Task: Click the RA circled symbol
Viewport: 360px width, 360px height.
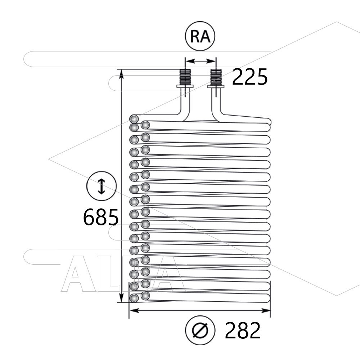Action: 200,36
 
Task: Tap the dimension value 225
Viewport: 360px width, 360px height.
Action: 250,77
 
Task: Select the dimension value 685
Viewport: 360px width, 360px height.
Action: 101,217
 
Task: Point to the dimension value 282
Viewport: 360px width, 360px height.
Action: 243,330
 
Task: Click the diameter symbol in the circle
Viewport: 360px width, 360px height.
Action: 200,330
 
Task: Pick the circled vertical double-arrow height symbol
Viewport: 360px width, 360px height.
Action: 102,186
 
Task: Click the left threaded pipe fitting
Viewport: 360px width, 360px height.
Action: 185,77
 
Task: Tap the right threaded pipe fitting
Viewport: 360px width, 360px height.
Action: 216,77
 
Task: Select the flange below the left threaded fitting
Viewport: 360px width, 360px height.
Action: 185,86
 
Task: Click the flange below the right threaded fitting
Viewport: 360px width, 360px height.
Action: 216,86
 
